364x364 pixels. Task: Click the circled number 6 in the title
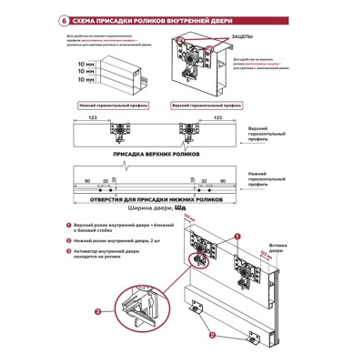62,19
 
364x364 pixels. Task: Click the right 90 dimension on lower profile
222,181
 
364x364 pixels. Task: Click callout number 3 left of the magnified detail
98,312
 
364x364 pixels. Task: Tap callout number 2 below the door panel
211,335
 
